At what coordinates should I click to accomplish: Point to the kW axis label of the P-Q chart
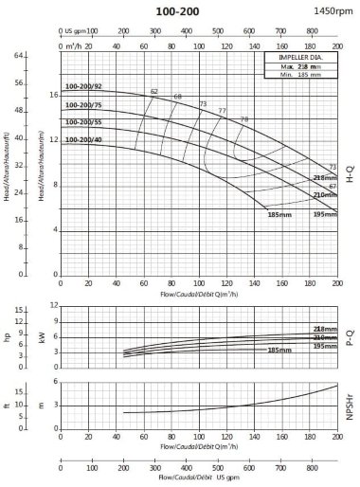[41, 334]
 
